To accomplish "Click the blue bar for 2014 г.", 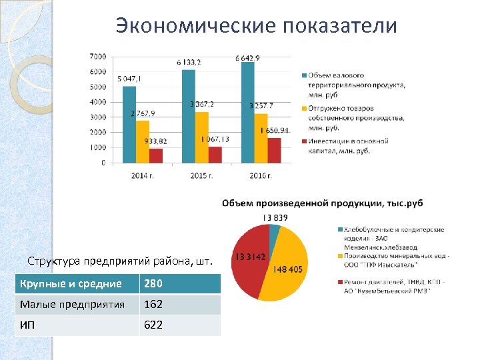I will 129,125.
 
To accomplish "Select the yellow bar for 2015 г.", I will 201,137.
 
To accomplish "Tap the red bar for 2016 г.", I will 274,150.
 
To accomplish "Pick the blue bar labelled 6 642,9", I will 247,112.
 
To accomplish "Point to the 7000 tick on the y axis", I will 97,56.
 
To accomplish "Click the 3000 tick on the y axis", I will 97,117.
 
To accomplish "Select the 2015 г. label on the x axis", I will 201,175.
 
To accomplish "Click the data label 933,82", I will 155,141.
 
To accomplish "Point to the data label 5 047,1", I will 129,79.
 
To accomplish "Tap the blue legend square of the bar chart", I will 303,75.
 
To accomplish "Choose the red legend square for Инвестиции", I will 303,141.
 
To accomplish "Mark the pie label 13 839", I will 275,217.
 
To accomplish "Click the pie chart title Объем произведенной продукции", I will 323,203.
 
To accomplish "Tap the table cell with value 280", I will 152,284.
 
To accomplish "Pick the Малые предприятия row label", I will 72,305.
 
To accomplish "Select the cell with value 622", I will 152,325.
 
